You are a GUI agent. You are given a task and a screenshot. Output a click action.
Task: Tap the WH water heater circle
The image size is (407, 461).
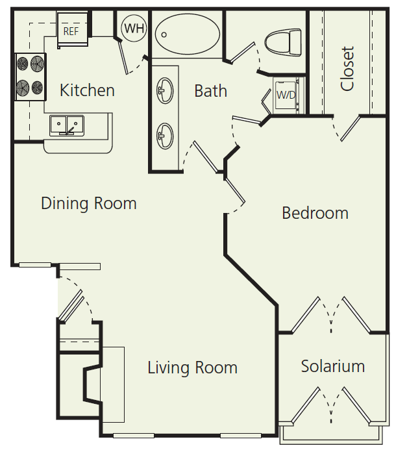click(134, 28)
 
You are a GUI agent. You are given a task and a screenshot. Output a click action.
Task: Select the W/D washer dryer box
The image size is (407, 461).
click(286, 95)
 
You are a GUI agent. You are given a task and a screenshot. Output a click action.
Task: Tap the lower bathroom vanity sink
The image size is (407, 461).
click(165, 136)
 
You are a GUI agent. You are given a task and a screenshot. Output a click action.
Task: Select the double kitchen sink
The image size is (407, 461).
click(68, 125)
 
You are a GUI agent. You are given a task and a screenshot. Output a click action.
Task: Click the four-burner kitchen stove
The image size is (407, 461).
click(31, 75)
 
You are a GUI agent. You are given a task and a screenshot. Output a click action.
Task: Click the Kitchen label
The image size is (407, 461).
click(87, 90)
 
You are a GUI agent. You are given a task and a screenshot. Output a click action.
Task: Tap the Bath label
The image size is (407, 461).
click(211, 91)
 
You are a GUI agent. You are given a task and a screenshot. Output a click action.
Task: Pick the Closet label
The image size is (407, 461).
click(348, 68)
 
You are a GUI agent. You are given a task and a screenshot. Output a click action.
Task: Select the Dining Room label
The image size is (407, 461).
click(89, 203)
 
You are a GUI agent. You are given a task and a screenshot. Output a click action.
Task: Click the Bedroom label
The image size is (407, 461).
click(315, 213)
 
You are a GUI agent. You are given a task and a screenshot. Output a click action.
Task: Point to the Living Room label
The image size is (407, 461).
click(192, 368)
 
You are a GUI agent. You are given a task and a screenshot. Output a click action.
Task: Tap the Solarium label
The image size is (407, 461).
click(332, 366)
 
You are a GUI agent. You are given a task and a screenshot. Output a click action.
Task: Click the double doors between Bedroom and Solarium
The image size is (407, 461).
click(332, 316)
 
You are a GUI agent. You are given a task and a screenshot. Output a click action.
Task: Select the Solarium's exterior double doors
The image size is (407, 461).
click(332, 405)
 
